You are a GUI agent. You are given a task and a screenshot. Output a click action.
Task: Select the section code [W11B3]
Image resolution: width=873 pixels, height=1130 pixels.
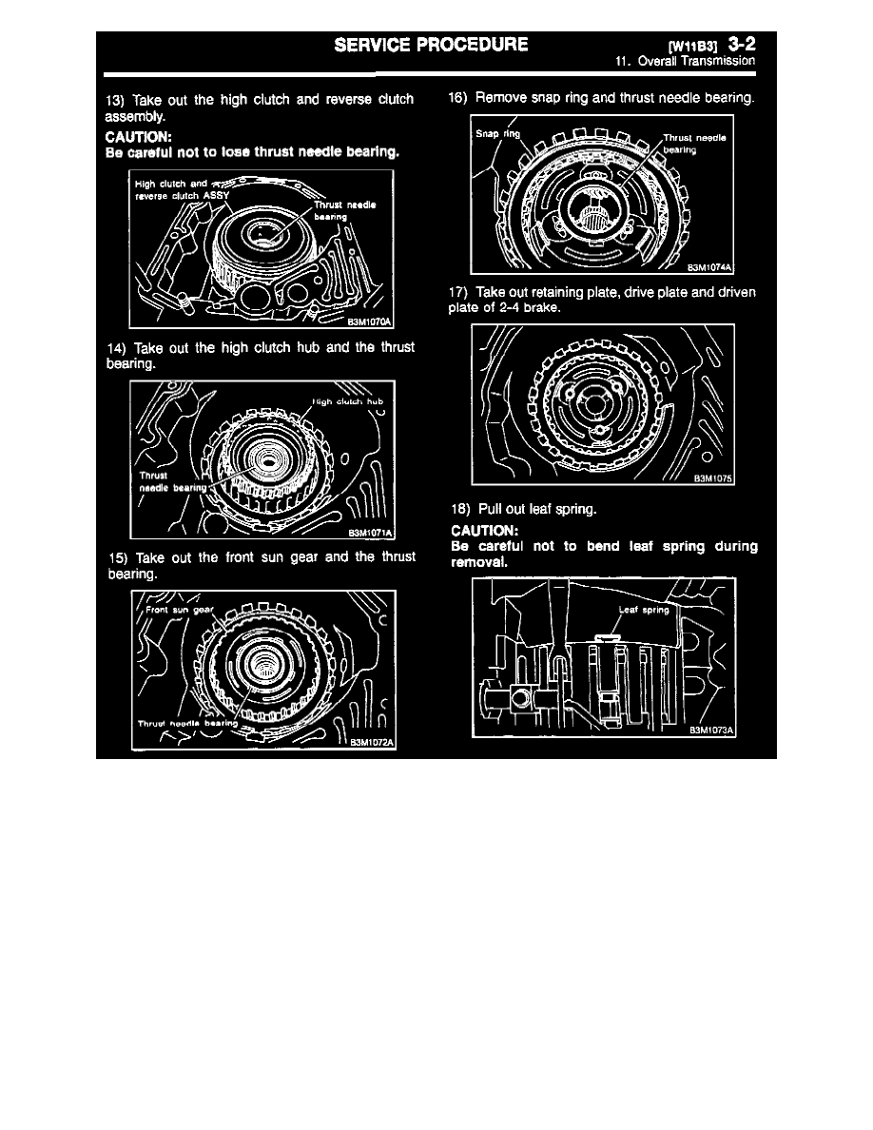coord(693,45)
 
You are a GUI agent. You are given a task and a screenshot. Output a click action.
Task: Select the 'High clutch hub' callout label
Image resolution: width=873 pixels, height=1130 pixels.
coord(348,401)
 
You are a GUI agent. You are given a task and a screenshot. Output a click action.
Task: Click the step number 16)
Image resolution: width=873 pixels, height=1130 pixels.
coord(457,97)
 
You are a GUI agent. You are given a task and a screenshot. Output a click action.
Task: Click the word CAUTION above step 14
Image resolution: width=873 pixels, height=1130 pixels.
coord(138,136)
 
